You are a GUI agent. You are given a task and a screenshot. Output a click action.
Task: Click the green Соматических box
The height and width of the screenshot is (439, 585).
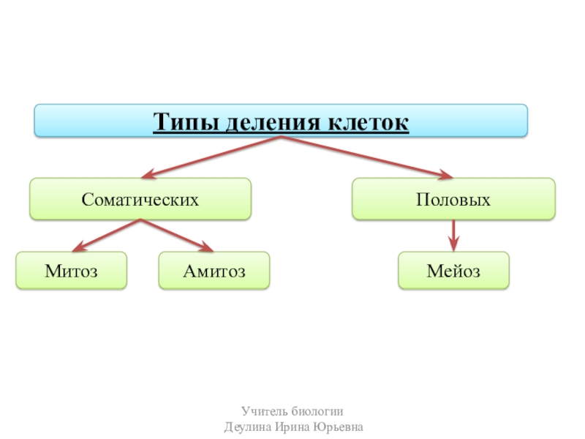(140, 199)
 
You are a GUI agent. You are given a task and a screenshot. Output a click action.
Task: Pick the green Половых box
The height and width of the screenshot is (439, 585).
(453, 199)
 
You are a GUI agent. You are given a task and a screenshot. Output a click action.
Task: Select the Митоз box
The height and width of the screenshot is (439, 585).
(71, 271)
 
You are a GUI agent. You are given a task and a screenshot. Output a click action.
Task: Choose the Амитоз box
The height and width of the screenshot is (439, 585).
(214, 271)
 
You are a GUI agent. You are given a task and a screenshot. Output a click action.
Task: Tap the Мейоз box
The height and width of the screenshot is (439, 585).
(453, 271)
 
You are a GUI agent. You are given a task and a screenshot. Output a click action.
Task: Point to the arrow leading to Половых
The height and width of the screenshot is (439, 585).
(366, 157)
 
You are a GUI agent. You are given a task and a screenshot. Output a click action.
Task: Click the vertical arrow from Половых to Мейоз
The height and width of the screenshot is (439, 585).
(453, 233)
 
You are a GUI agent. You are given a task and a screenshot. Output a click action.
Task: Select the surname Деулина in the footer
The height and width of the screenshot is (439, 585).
(246, 427)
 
